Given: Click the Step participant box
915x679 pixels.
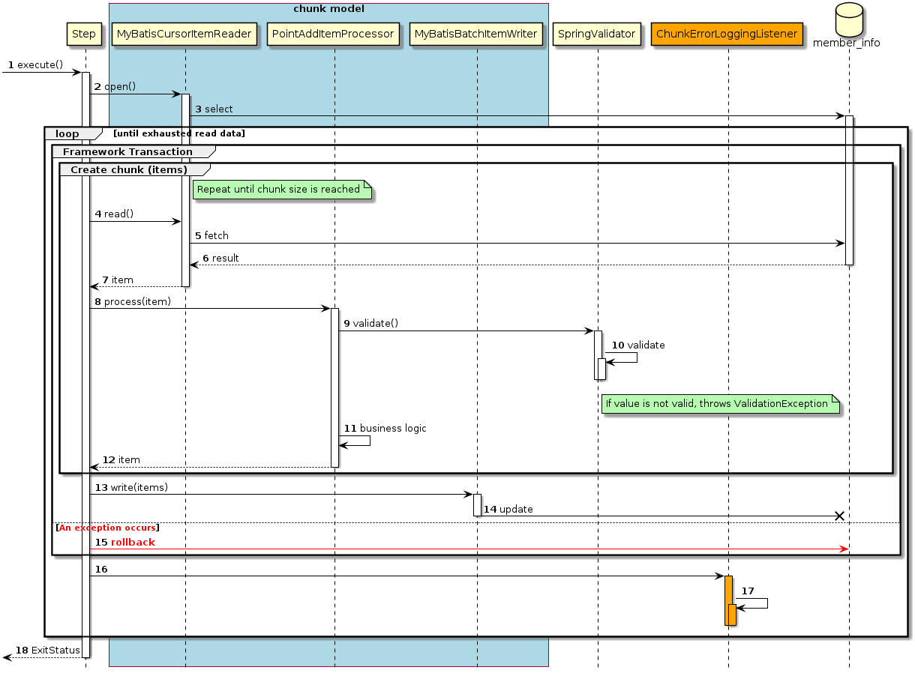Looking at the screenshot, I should coord(84,34).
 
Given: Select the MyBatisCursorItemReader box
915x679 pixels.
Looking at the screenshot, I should coord(184,34).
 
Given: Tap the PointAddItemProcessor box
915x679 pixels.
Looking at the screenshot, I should coord(334,34).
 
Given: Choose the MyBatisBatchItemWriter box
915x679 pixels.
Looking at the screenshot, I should coord(475,34).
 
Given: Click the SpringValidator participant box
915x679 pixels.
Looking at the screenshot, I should coord(597,34).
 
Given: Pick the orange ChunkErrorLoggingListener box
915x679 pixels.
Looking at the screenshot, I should coord(727,34).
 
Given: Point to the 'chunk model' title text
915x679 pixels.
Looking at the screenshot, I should coord(328,9).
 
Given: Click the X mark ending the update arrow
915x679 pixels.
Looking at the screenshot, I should coord(839,516).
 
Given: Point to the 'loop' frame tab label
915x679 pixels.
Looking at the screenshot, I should coord(67,134).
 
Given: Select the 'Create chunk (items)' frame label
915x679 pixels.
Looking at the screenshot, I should coord(128,169).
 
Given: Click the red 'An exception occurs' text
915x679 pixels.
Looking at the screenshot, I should coord(107,528).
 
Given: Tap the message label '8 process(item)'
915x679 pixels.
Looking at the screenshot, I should coord(133,302).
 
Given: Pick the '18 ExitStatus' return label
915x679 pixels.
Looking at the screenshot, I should coord(47,650).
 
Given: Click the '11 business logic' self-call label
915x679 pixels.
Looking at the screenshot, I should coord(385,429).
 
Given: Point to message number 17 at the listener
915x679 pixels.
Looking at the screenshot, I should coord(748,591).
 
